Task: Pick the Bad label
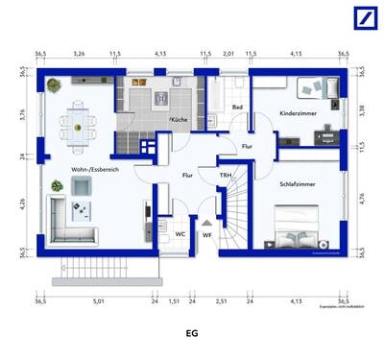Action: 236,108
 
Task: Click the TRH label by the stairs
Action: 225,176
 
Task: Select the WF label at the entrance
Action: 206,234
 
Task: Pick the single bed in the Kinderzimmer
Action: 316,88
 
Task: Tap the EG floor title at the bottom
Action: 192,336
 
